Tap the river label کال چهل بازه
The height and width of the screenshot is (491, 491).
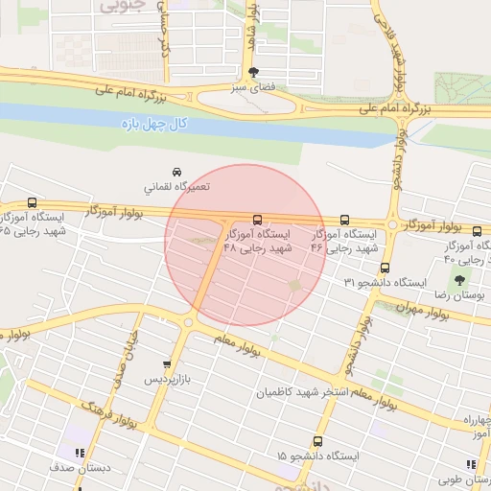point(154,124)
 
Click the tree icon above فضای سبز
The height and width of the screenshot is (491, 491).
point(253,73)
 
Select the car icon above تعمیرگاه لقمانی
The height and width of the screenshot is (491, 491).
point(175,172)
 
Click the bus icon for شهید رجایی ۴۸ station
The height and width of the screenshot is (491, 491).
point(256,220)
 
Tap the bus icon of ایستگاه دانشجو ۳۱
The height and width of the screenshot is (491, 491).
point(385,268)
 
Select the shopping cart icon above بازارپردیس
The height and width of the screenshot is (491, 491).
point(168,364)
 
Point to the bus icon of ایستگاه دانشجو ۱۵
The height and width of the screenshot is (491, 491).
point(317,441)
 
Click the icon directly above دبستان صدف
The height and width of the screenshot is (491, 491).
point(80,453)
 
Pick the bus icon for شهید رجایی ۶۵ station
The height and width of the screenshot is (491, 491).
point(33,203)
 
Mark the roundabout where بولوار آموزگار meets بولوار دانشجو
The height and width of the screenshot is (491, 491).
point(392,225)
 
